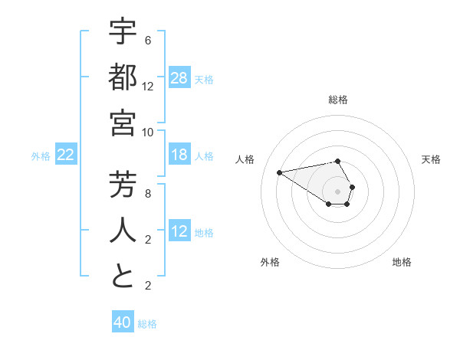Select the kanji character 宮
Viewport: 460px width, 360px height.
(123, 122)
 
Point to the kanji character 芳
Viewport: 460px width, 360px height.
(123, 185)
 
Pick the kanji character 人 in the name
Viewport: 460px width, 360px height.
(123, 231)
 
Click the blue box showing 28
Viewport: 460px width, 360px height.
(179, 77)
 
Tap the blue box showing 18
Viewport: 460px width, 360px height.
(179, 155)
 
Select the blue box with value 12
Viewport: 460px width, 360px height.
(179, 231)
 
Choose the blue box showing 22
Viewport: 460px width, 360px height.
(66, 155)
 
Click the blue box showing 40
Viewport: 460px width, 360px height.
(123, 322)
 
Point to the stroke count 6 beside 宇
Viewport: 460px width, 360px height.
(148, 41)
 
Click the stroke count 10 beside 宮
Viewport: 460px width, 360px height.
(148, 131)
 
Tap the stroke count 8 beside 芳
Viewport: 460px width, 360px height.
(148, 194)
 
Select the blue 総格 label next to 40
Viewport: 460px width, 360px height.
(147, 324)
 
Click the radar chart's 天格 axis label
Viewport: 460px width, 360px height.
(432, 159)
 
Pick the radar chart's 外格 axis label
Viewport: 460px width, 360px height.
(270, 262)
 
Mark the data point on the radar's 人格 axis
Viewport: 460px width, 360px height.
(279, 172)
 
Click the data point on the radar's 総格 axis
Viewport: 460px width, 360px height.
(338, 161)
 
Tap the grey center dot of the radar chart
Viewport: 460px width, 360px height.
(338, 191)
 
